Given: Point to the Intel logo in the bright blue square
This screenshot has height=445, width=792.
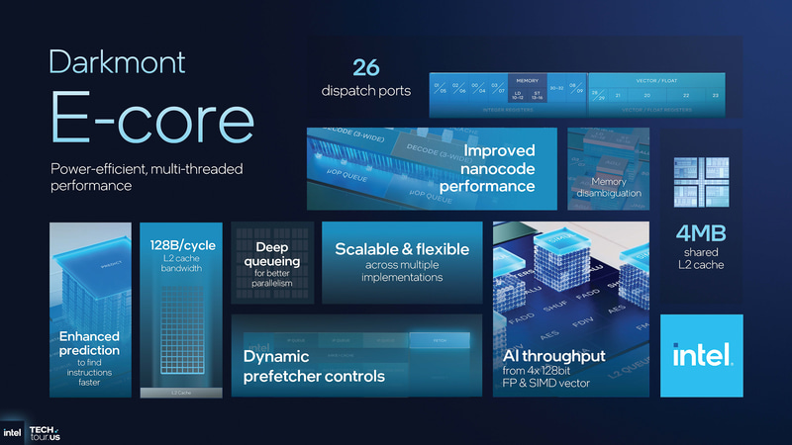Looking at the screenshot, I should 702,355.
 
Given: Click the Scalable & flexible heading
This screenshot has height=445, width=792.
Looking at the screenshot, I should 402,250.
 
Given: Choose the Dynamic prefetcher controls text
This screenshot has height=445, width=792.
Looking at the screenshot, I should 314,366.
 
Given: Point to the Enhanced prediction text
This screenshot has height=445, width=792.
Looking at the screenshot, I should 89,342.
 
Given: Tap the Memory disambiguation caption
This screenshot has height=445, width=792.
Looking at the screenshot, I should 609,187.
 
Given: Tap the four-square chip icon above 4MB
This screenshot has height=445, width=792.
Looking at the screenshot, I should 702,184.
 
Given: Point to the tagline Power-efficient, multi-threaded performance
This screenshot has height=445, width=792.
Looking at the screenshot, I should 147,177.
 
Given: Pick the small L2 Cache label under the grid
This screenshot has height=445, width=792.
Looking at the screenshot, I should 174,393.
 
